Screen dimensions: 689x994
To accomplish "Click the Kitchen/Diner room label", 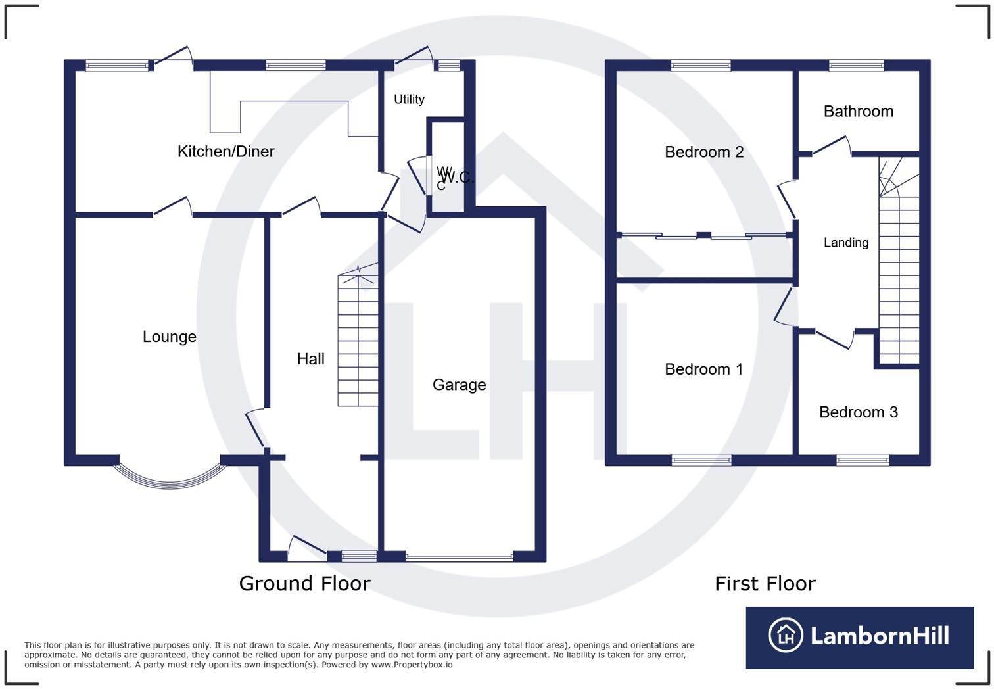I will pyautogui.click(x=225, y=151).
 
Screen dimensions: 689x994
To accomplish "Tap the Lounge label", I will pyautogui.click(x=169, y=337).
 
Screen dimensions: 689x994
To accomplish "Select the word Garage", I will pyautogui.click(x=459, y=385).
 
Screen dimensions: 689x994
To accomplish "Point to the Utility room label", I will pyautogui.click(x=409, y=99).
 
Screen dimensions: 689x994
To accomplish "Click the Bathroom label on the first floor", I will pyautogui.click(x=858, y=111).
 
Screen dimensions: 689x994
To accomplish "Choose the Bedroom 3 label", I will pyautogui.click(x=858, y=412).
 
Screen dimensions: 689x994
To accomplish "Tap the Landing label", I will pyautogui.click(x=845, y=243).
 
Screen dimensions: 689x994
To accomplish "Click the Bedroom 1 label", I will pyautogui.click(x=703, y=369).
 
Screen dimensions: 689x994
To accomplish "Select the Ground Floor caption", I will pyautogui.click(x=304, y=583).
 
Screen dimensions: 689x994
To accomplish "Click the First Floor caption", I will pyautogui.click(x=765, y=583).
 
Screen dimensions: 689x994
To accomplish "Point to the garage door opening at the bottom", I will pyautogui.click(x=459, y=558).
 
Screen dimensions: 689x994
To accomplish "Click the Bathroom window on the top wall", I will pyautogui.click(x=856, y=65).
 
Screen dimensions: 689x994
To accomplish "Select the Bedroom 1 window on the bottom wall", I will pyautogui.click(x=701, y=460).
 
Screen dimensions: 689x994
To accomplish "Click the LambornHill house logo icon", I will pyautogui.click(x=785, y=635).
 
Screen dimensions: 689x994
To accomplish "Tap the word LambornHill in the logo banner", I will pyautogui.click(x=880, y=636).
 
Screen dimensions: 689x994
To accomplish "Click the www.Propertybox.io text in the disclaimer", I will pyautogui.click(x=412, y=665).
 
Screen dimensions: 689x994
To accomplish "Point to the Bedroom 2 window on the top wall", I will pyautogui.click(x=701, y=65).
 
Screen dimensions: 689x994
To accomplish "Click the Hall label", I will pyautogui.click(x=310, y=359).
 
